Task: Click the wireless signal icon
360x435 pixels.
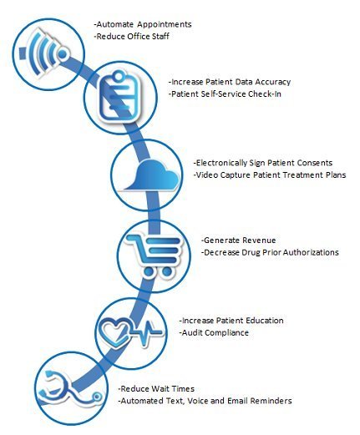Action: click(44, 53)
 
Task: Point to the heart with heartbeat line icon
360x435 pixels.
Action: click(131, 332)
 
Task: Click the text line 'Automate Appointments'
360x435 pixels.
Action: click(143, 24)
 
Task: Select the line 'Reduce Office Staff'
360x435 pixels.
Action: click(132, 37)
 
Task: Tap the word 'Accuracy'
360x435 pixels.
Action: click(273, 82)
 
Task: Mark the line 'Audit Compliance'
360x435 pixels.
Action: click(214, 332)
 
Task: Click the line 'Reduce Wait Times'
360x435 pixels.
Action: click(156, 389)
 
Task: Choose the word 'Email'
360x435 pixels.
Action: click(237, 401)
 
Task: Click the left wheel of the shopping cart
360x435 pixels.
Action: click(149, 271)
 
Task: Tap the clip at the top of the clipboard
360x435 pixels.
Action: click(119, 75)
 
